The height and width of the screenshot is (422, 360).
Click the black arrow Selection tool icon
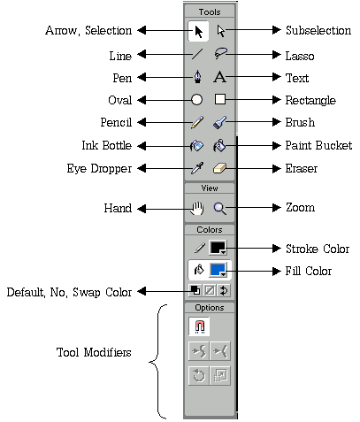198,31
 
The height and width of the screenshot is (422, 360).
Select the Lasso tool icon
220,53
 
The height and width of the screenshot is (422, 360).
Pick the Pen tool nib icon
197,77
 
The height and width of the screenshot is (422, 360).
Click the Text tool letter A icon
219,77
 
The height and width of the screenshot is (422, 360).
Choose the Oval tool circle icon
196,100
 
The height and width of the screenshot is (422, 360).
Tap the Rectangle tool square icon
220,99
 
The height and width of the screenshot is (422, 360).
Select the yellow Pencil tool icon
197,122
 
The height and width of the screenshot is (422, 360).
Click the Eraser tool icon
219,168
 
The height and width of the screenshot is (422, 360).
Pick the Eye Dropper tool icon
197,168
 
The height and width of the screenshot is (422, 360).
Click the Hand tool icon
197,208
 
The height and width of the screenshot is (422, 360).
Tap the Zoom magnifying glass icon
220,208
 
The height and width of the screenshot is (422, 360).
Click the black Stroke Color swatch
218,248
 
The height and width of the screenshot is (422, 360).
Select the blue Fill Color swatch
218,270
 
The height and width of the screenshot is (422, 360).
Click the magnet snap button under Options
199,326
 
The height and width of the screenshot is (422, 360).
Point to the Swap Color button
224,290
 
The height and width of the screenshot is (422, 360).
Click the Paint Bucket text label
318,146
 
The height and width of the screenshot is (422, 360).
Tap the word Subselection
318,30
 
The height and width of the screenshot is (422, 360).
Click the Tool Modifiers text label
94,352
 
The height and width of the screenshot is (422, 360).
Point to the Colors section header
210,230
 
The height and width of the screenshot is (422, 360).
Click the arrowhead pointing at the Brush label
277,122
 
